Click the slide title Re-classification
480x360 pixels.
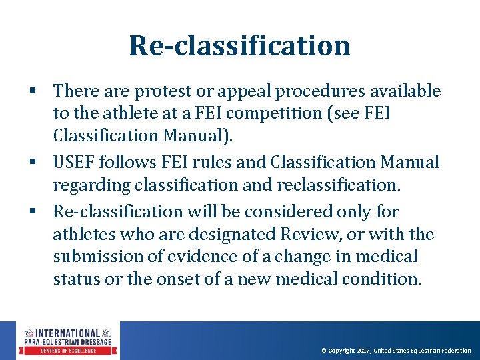[239, 45]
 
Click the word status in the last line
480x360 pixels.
[75, 279]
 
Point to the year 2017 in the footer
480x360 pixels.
[363, 351]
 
